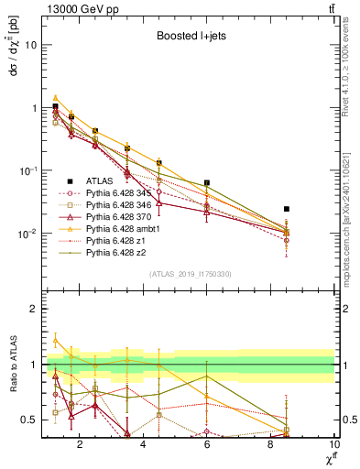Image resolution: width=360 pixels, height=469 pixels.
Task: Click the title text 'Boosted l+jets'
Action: [x=188, y=38]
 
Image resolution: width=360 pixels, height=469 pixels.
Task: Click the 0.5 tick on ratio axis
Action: [x=29, y=420]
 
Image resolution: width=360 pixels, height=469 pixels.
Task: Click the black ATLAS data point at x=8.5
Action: [x=287, y=209]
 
